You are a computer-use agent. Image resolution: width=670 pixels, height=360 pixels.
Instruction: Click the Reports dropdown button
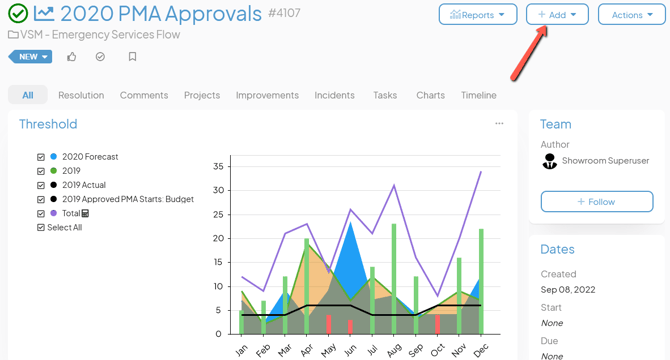(478, 15)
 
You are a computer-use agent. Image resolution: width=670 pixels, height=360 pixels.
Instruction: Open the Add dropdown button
(557, 15)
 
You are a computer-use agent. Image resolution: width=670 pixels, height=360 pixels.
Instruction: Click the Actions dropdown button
(632, 15)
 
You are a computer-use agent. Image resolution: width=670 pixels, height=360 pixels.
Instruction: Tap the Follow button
(597, 202)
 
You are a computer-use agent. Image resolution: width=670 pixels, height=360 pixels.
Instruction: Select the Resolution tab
(81, 95)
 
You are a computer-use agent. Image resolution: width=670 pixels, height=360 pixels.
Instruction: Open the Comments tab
(144, 95)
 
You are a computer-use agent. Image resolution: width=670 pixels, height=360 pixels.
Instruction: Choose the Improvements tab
(267, 95)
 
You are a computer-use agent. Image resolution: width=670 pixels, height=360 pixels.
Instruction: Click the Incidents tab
(334, 95)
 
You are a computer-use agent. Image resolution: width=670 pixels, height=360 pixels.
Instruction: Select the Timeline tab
(479, 95)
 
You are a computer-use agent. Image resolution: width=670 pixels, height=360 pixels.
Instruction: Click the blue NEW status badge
(30, 57)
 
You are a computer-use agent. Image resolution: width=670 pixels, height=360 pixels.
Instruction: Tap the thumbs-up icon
(72, 57)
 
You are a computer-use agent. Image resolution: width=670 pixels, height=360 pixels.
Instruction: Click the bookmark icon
(132, 57)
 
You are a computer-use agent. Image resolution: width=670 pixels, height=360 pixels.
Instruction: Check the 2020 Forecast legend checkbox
(41, 157)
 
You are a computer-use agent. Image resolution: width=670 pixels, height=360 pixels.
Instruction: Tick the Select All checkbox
(41, 227)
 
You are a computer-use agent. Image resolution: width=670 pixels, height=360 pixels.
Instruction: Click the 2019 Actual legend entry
(84, 185)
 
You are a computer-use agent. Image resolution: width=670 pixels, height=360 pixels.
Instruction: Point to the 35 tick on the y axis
(218, 166)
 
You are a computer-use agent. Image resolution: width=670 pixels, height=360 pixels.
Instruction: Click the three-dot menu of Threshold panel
(499, 124)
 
